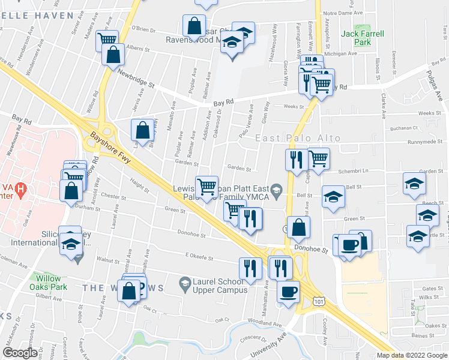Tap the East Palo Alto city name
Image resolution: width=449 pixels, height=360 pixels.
click(298, 138)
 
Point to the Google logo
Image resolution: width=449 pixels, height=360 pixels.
click(20, 353)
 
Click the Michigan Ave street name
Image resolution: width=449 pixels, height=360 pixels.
click(340, 53)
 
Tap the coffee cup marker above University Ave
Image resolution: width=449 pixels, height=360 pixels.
click(288, 293)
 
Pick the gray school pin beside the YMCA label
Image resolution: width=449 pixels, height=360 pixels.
click(276, 191)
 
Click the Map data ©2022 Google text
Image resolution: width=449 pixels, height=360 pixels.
click(411, 355)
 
